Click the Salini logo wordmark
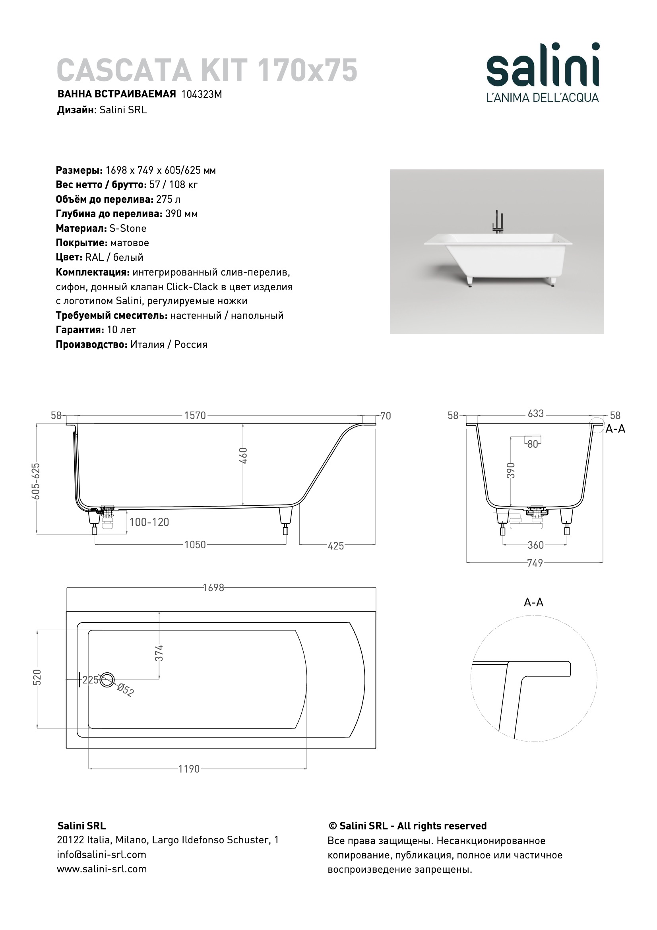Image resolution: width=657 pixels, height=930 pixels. (543, 65)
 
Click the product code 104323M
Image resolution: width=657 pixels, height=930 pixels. (202, 94)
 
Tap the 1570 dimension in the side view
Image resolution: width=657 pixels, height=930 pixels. (195, 415)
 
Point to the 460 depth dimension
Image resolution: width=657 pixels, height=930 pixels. (243, 456)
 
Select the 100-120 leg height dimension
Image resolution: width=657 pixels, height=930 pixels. (149, 522)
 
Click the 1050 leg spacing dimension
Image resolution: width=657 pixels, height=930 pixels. (195, 545)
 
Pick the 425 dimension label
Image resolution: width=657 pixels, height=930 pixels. (335, 546)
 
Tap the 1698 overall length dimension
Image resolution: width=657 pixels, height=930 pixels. (213, 588)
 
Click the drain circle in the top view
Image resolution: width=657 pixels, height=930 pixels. (107, 680)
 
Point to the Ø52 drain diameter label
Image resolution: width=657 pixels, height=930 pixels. (125, 690)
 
